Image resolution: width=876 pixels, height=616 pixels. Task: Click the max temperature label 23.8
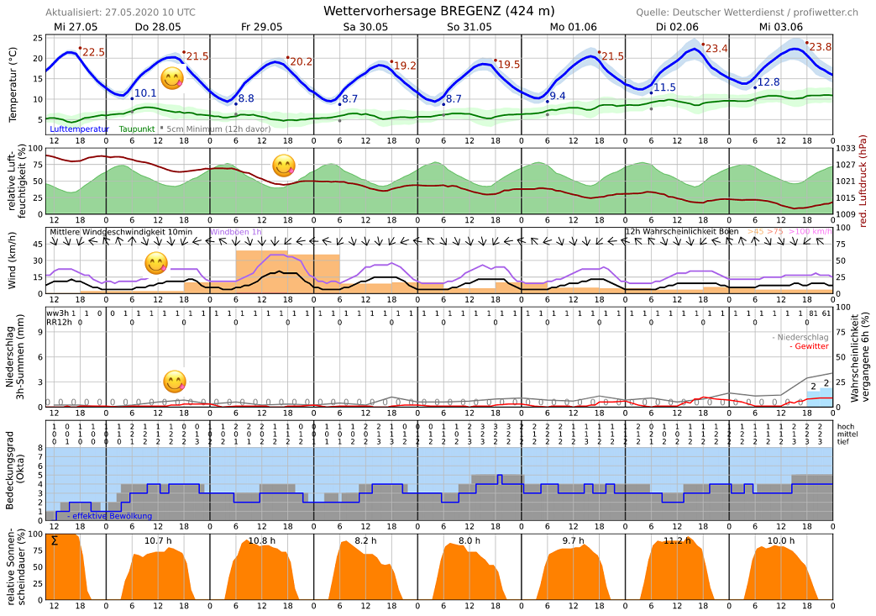pos(818,47)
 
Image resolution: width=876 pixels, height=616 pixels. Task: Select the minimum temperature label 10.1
pos(145,93)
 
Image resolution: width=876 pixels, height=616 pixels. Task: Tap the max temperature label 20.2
pos(300,61)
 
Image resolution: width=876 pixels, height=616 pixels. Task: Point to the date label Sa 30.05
pos(365,27)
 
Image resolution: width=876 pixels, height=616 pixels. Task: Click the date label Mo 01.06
pos(573,27)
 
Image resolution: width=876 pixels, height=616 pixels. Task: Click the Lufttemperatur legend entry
pos(79,129)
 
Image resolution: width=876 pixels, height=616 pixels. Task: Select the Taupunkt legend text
pos(137,129)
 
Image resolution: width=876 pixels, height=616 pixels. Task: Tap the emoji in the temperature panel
pos(172,79)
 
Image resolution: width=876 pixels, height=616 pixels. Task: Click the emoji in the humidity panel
pos(284,165)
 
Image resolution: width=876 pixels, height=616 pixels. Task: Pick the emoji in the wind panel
pos(156,263)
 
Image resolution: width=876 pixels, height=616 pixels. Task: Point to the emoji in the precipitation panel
pos(174,382)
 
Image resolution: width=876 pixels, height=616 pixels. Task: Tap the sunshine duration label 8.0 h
pos(469,540)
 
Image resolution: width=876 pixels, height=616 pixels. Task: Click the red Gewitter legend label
pos(810,346)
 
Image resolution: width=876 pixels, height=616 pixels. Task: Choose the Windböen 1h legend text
pos(236,232)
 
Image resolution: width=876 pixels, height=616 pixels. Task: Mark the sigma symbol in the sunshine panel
pos(55,540)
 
